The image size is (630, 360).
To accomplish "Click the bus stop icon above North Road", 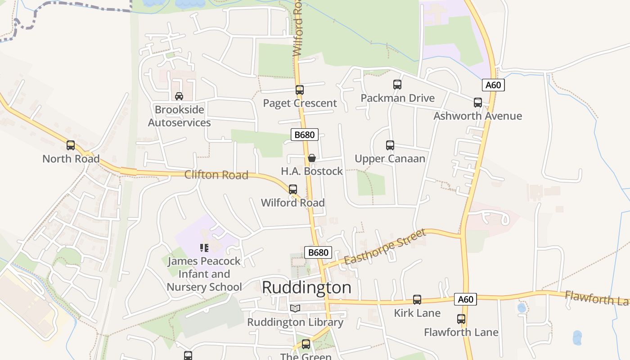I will (x=71, y=145).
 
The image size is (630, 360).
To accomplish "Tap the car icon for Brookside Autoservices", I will (x=179, y=96).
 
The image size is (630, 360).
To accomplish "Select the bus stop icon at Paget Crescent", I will (x=300, y=90).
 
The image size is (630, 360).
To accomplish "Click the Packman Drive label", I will (x=397, y=98).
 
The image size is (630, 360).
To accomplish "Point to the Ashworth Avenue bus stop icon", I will (x=478, y=103).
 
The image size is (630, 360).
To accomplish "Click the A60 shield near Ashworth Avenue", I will (x=493, y=85).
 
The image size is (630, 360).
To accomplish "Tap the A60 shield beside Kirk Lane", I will (x=465, y=299).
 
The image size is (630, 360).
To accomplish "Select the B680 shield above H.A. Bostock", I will (x=305, y=134).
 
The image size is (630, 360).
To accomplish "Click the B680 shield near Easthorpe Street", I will (x=318, y=252).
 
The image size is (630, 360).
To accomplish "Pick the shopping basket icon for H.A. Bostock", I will (x=311, y=158).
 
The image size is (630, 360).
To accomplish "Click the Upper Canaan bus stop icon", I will (x=390, y=145).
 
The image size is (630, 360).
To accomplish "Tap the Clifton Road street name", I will (x=216, y=175).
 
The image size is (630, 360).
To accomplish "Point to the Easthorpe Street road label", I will (x=385, y=247).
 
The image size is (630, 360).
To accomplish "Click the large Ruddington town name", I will (x=306, y=288).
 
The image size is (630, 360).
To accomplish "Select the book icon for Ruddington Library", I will (x=295, y=308).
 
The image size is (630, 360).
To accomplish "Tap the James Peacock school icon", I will (x=204, y=247).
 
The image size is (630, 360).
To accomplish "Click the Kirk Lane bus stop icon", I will (x=417, y=300).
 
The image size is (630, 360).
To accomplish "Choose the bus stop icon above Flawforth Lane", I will (x=461, y=319).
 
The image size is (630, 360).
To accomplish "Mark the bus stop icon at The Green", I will (x=306, y=344).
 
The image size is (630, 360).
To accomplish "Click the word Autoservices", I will (x=179, y=122).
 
